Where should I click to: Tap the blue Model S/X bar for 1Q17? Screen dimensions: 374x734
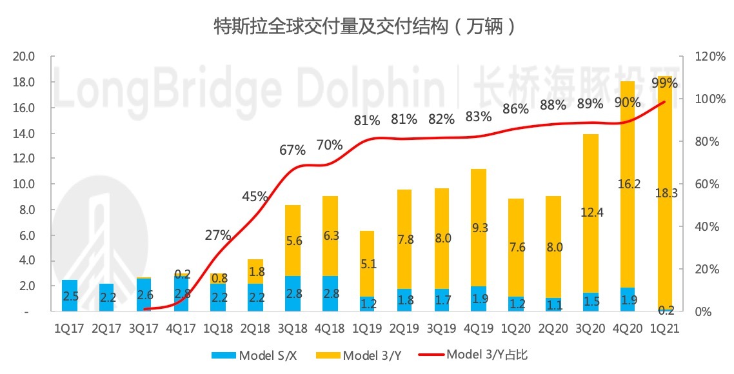click(70, 296)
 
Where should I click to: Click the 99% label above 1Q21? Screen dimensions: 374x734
click(664, 83)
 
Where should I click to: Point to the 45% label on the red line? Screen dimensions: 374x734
click(255, 197)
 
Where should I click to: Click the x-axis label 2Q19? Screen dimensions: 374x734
click(404, 328)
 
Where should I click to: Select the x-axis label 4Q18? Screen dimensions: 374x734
click(330, 328)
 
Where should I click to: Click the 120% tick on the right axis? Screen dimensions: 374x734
click(710, 57)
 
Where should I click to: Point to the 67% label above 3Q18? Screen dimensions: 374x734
click(292, 151)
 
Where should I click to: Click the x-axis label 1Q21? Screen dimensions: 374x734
click(664, 328)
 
